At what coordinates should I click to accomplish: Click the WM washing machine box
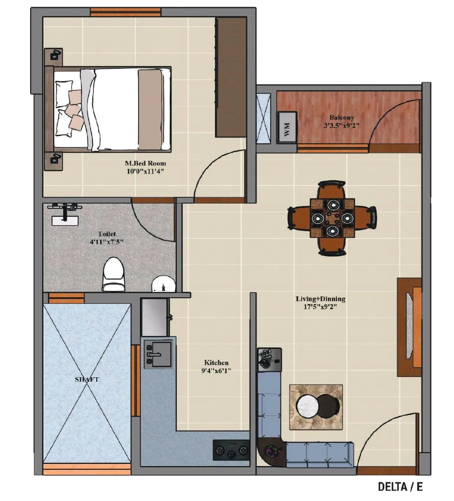tap(287, 125)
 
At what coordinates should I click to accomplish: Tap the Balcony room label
tap(342, 118)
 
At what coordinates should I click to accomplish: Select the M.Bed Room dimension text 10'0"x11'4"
tap(145, 171)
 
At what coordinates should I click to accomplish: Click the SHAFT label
tap(87, 379)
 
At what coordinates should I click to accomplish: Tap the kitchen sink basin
tap(161, 354)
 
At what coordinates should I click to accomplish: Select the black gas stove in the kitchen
tap(231, 450)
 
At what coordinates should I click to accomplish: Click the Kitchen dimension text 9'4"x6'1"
tap(216, 371)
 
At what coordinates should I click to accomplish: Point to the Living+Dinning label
tap(320, 299)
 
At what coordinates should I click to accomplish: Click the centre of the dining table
tap(332, 218)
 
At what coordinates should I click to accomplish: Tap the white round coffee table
tap(307, 407)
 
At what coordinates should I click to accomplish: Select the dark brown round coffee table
tap(328, 406)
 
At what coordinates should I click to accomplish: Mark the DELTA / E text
tap(400, 487)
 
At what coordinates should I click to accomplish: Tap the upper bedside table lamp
tap(54, 55)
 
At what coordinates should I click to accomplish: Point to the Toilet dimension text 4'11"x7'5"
tap(107, 242)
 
